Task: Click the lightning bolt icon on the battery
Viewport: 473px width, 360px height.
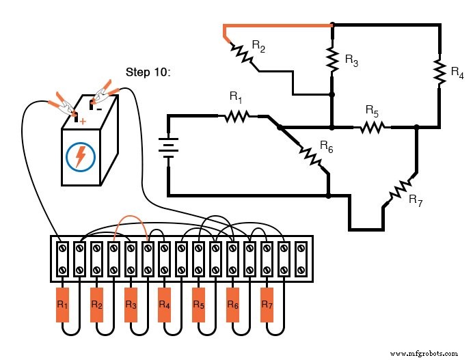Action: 81,156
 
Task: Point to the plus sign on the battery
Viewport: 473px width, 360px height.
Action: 83,121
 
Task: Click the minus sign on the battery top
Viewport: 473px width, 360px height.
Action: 99,107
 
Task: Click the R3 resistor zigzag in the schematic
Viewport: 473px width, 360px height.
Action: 332,59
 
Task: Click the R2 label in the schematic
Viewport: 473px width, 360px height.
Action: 258,46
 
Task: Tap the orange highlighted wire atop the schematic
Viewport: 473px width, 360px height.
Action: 280,26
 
